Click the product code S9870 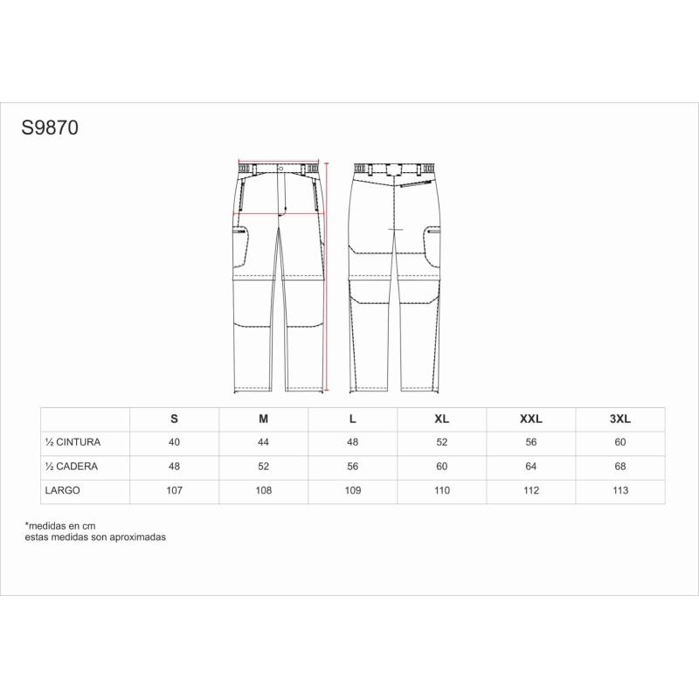click(50, 128)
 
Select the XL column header click(442, 419)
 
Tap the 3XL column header click(620, 419)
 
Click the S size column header click(174, 419)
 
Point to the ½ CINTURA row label click(73, 442)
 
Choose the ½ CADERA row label click(72, 467)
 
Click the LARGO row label click(62, 490)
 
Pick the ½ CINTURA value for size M click(264, 442)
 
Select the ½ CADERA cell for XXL click(531, 467)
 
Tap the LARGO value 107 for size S click(174, 490)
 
